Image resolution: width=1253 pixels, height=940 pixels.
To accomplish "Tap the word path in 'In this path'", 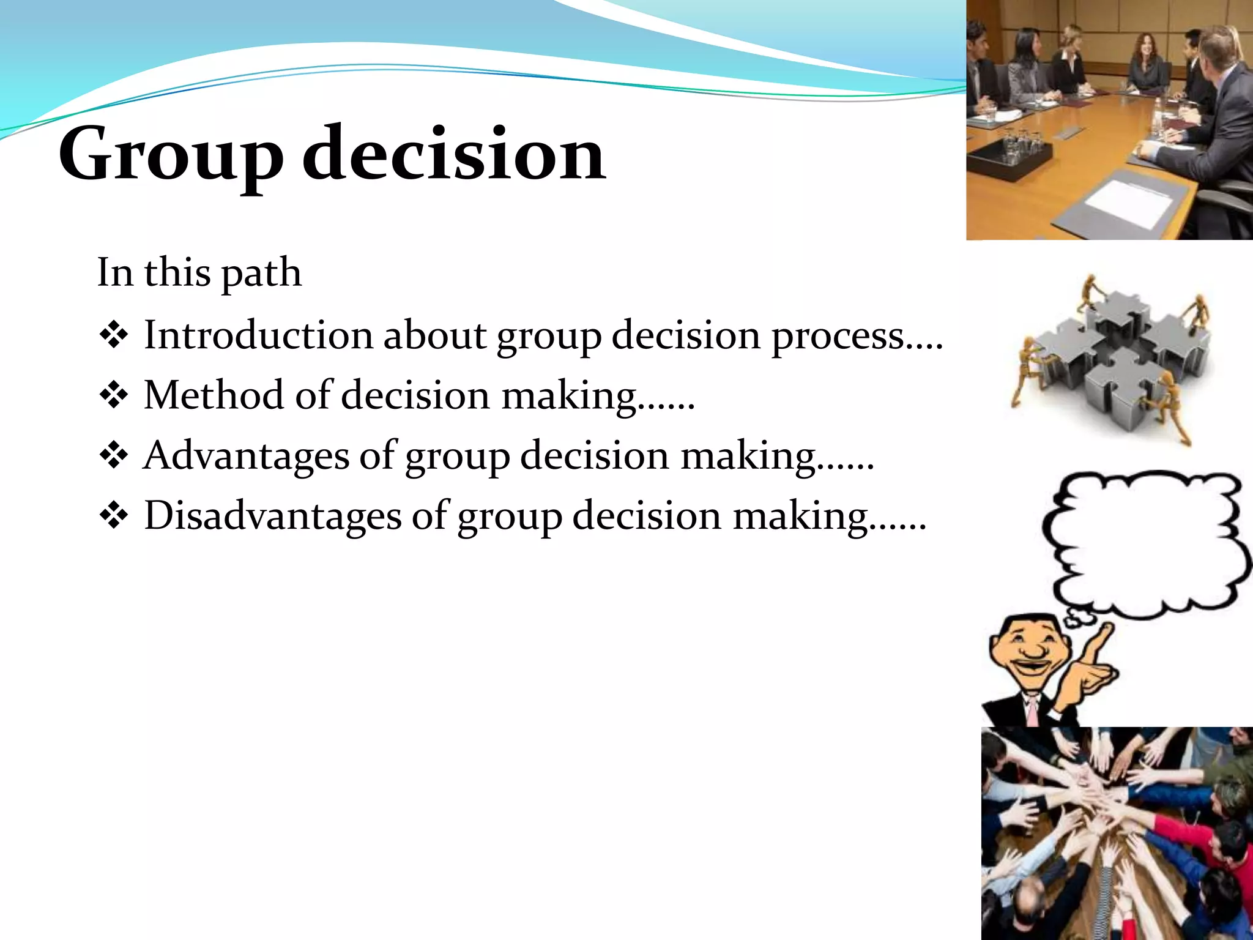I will coord(261,273).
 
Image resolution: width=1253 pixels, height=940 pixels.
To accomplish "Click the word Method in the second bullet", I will coord(214,395).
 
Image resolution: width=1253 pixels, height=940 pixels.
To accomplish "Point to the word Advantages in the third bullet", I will coord(245,455).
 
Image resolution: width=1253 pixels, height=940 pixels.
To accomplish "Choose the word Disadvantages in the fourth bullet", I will coord(272,515).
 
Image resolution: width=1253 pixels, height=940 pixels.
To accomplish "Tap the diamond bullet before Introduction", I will coord(113,336).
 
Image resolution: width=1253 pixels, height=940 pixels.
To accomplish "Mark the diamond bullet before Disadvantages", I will coord(113,516).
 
